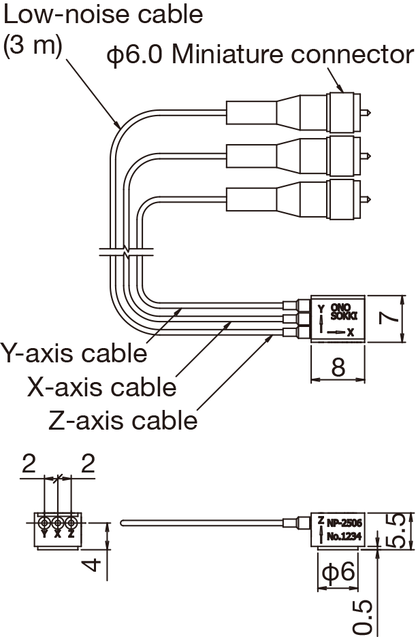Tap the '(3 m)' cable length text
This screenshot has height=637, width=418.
click(33, 46)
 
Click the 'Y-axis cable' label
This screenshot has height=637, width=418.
click(74, 354)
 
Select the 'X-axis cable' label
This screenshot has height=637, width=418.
click(102, 387)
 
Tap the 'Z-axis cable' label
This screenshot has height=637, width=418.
click(123, 420)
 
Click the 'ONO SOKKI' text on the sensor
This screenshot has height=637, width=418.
click(344, 312)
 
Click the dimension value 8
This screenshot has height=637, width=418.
click(338, 366)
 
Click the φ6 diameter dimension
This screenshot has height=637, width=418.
click(338, 572)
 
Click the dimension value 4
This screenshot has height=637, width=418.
click(95, 564)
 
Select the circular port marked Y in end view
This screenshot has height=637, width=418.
click(44, 523)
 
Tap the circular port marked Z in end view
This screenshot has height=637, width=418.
click(70, 523)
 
